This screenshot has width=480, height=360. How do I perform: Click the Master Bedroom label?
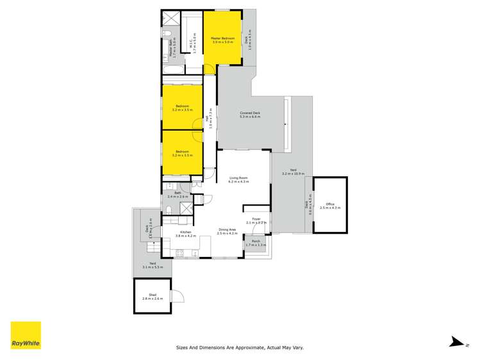pos(222,38)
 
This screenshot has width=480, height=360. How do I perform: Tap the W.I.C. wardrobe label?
pos(192,42)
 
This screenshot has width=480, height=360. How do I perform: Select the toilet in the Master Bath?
pos(165,32)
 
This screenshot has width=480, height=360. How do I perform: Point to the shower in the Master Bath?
pos(170,17)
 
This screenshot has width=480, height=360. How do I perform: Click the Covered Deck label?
pos(249,113)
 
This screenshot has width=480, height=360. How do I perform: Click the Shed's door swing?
pos(179,296)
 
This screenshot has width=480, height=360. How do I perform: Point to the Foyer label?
pos(256,220)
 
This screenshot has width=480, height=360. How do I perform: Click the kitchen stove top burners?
pos(180,252)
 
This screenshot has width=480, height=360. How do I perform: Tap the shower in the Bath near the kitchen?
pos(186,209)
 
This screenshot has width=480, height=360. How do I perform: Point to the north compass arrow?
pos(456,343)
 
